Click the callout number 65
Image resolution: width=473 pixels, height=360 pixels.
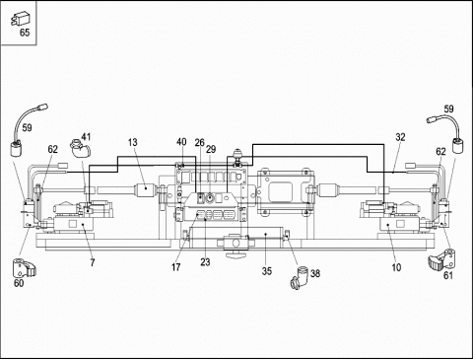[x=25, y=33]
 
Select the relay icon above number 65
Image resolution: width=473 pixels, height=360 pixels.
[x=19, y=19]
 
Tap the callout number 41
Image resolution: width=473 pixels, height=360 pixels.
[x=86, y=136]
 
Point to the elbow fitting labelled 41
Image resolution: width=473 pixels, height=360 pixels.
[x=80, y=149]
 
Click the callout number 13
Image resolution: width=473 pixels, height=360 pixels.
[x=133, y=142]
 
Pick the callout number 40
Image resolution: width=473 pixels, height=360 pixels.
[x=181, y=142]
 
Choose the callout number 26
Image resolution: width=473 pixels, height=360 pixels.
[x=200, y=143]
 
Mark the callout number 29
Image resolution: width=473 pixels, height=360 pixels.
[x=211, y=149]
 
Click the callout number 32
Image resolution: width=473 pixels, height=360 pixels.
[x=400, y=137]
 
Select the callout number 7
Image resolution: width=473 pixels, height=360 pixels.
[x=93, y=262]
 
